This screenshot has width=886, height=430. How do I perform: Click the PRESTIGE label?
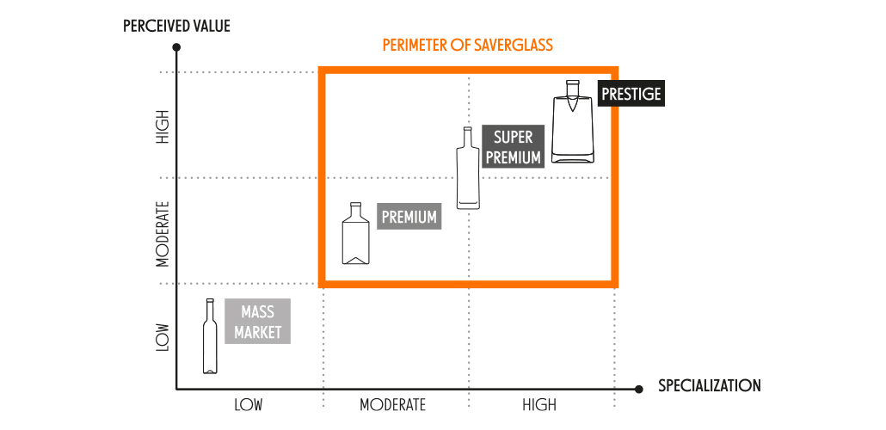coord(631,94)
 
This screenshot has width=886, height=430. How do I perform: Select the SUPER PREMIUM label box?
coord(513,147)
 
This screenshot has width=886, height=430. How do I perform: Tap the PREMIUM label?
coord(409,217)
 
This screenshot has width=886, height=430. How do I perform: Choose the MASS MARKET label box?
coord(257,322)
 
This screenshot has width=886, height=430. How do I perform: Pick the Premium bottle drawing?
coord(355,236)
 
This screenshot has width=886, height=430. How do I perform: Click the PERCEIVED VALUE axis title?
coord(176,26)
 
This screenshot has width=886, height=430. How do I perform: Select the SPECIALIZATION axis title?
coord(710,385)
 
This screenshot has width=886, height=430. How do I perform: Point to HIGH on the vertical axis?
coord(163,126)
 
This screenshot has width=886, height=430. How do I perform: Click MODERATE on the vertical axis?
coord(163,233)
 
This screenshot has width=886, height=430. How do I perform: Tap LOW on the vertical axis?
coord(163,337)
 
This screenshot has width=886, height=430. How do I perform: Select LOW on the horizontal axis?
coord(248,405)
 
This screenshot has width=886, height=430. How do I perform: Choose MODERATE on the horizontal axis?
coord(393,405)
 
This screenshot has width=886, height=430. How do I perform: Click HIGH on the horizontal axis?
coord(538,405)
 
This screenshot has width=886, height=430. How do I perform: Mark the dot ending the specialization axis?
coord(638,389)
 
